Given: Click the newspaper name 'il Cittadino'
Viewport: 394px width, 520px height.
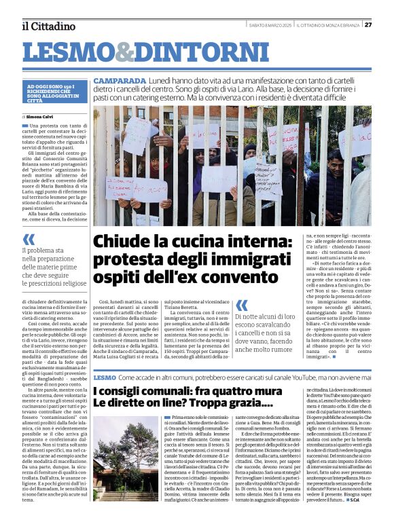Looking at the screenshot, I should click(48, 26).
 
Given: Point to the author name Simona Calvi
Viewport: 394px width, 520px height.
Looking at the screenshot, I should click(46, 117).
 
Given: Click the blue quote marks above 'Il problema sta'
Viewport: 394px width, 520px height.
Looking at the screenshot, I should click(29, 238).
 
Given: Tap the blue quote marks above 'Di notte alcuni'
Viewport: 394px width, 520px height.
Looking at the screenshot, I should click(242, 305).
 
